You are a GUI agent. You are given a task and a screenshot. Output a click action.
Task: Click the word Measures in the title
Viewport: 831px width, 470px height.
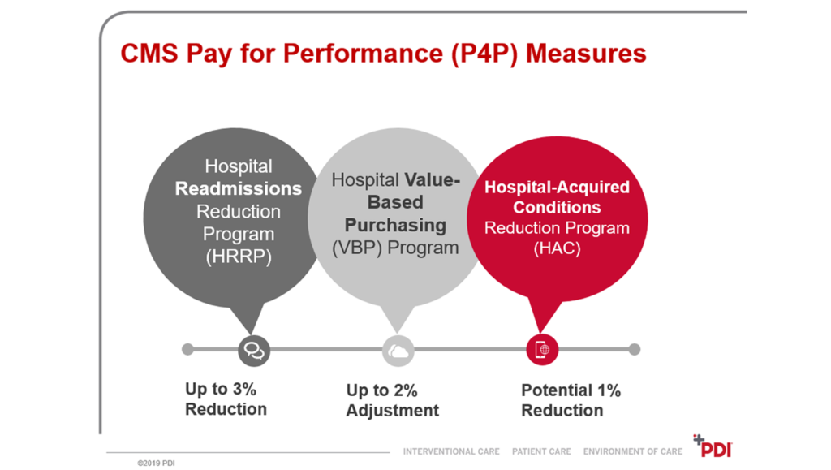pyautogui.click(x=587, y=54)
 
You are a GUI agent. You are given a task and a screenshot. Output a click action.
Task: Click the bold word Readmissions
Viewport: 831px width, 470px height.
pyautogui.click(x=239, y=188)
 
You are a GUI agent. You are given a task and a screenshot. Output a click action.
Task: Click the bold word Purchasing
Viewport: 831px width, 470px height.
pyautogui.click(x=396, y=224)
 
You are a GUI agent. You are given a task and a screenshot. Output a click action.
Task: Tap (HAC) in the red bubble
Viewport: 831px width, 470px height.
pyautogui.click(x=557, y=249)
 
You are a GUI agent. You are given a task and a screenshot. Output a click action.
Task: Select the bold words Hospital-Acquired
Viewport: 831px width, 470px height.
pyautogui.click(x=557, y=188)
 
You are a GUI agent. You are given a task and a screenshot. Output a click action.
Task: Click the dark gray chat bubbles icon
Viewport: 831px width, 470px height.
pyautogui.click(x=254, y=350)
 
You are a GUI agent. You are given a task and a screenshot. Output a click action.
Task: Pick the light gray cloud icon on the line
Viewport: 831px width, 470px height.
pyautogui.click(x=398, y=350)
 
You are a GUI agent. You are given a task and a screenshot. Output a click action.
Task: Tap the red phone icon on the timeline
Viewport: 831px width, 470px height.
pyautogui.click(x=543, y=350)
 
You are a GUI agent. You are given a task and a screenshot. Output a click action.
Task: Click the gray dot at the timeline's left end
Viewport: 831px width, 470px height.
pyautogui.click(x=188, y=350)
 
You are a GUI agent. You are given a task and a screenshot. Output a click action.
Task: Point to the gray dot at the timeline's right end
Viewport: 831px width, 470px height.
pyautogui.click(x=635, y=350)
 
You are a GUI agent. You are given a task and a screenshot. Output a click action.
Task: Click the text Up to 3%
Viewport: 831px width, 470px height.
pyautogui.click(x=221, y=389)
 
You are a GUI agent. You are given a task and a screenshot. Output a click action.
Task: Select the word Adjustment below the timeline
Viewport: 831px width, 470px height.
pyautogui.click(x=393, y=411)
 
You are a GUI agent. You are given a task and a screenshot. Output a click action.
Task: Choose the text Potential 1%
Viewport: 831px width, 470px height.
pyautogui.click(x=571, y=390)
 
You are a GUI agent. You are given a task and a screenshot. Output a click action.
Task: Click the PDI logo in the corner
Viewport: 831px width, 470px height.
pyautogui.click(x=713, y=447)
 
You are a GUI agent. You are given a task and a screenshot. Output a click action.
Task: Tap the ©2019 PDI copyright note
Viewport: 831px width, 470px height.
pyautogui.click(x=156, y=464)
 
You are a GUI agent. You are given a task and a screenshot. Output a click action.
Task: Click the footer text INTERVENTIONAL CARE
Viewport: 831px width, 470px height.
pyautogui.click(x=451, y=451)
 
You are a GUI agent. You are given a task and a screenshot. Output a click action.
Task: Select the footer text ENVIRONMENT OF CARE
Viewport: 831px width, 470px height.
pyautogui.click(x=633, y=451)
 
